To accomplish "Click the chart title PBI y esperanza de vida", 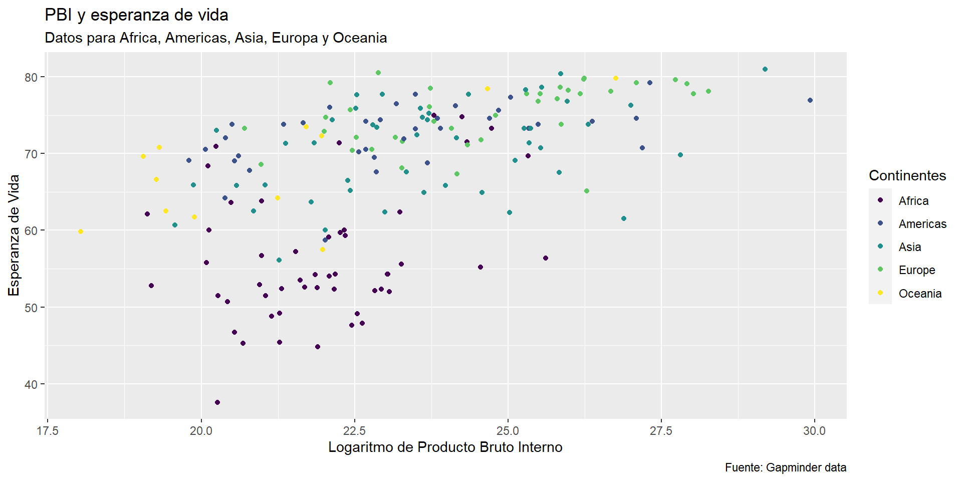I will point(136,15).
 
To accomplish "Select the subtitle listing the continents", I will point(215,38).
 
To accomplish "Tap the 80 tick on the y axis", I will point(31,77).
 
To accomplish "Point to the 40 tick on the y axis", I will point(31,384).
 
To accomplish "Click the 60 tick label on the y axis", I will point(31,230).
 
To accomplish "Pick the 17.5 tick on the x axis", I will point(48,431).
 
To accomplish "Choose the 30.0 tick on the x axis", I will point(814,431).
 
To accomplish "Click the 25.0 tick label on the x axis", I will point(508,431).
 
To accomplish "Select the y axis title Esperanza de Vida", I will point(14,235).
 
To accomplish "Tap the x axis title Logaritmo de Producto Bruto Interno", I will point(445,447).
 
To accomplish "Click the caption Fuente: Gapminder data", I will point(785,468).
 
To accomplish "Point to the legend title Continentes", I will point(907,175).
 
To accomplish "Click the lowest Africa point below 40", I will point(217,402).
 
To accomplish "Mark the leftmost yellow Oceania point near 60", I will point(81,231).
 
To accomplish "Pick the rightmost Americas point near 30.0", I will point(810,100).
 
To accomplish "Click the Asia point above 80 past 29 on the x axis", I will point(765,69).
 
